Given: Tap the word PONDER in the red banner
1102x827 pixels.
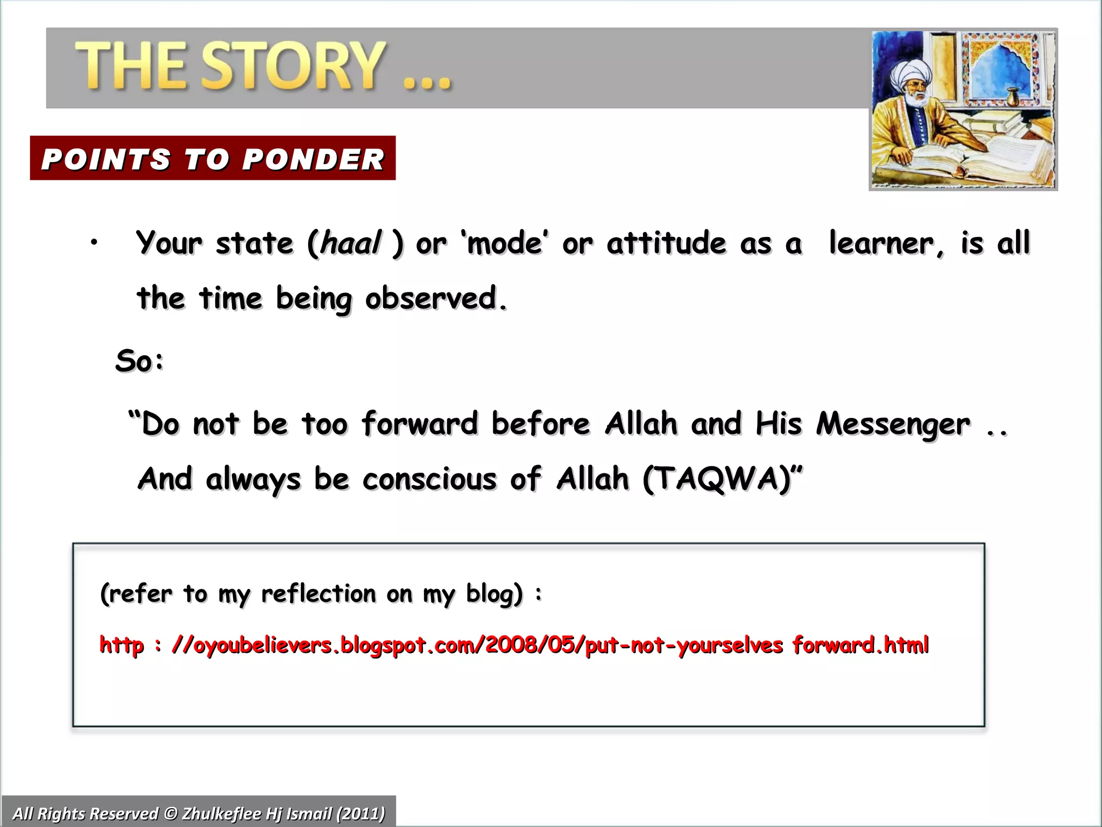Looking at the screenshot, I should (x=313, y=159).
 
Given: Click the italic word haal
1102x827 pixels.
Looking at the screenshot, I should (x=350, y=243).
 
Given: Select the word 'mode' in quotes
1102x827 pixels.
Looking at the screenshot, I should (x=504, y=243).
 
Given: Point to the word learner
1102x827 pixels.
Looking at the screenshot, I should (x=886, y=243).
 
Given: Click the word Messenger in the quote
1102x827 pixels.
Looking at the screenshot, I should (x=893, y=424).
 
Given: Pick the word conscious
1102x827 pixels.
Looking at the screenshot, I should (x=429, y=479).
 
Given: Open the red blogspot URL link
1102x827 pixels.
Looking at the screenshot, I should (x=514, y=645).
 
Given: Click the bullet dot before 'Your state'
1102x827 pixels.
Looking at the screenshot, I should (x=94, y=243).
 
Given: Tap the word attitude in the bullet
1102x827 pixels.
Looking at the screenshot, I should (x=666, y=243).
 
